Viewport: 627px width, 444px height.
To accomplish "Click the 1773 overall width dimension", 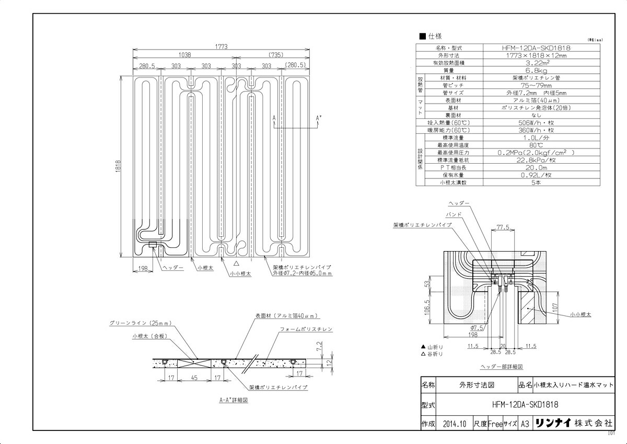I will coord(220,47).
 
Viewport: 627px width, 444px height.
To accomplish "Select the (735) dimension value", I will coord(274,54).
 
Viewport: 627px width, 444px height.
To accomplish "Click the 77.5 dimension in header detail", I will coord(504,227).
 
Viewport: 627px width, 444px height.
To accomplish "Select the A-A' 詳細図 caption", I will coord(233,400).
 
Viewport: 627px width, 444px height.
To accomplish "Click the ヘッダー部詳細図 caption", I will coord(502,367).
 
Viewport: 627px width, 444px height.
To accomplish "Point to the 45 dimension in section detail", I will coord(194,378).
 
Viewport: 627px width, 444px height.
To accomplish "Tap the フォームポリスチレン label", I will coord(306,329).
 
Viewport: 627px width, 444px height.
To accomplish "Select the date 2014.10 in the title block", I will coord(453,424).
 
